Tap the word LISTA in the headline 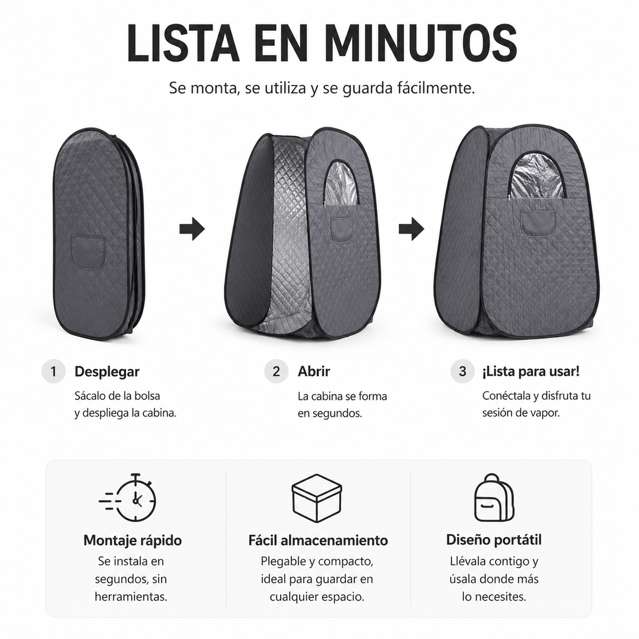click(183, 43)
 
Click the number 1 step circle click(53, 371)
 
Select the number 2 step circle click(276, 371)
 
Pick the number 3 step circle click(462, 371)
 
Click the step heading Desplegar click(107, 372)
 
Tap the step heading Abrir click(314, 371)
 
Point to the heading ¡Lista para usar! click(531, 372)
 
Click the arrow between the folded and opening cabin click(192, 229)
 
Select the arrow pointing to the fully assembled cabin click(411, 229)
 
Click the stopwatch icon click(128, 498)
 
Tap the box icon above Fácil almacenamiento click(317, 498)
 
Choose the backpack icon click(494, 497)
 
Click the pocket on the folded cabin click(88, 252)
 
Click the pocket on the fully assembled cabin click(538, 223)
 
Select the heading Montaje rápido click(133, 540)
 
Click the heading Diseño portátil click(494, 539)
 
